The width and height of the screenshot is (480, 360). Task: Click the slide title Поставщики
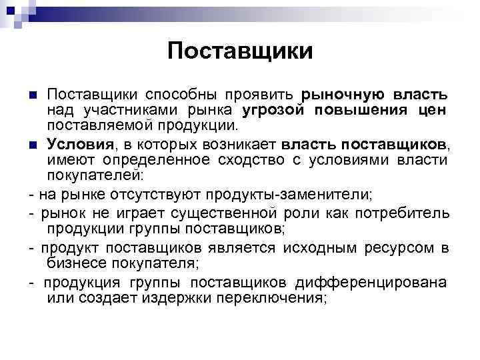point(240,51)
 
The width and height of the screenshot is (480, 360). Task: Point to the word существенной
point(230,213)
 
